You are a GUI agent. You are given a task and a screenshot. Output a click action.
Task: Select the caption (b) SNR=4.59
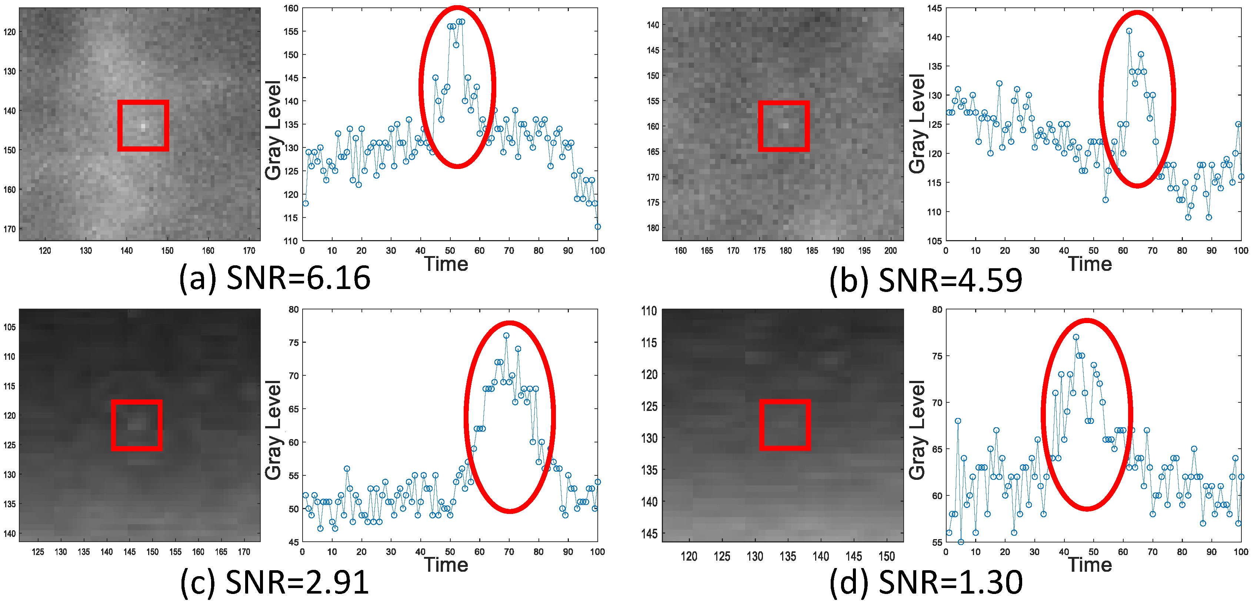click(x=926, y=280)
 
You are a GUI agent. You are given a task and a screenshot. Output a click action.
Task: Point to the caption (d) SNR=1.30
click(x=926, y=582)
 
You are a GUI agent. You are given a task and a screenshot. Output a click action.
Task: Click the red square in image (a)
click(x=143, y=126)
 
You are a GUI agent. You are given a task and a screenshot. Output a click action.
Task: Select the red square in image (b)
click(x=784, y=126)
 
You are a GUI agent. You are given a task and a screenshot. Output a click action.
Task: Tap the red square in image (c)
click(x=136, y=425)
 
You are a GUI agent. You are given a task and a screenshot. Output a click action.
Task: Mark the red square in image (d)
click(x=785, y=425)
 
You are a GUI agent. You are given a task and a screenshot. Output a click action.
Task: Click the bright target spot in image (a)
click(x=143, y=126)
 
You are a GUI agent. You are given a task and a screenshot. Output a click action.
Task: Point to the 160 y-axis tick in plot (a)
click(x=291, y=8)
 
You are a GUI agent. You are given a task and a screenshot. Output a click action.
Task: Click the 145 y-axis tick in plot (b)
click(x=934, y=8)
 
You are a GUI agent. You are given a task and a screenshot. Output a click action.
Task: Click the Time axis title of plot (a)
click(x=446, y=264)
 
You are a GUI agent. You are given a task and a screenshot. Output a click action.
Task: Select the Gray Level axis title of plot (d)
click(x=917, y=429)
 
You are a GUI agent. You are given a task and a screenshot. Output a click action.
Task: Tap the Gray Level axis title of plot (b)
click(x=917, y=124)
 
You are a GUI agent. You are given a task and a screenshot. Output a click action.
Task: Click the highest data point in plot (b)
click(x=1129, y=31)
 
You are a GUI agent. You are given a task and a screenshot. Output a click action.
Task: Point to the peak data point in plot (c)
click(x=506, y=336)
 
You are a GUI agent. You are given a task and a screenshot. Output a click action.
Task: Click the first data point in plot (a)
click(x=305, y=203)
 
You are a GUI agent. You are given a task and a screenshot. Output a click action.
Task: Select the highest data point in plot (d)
click(x=1076, y=337)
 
